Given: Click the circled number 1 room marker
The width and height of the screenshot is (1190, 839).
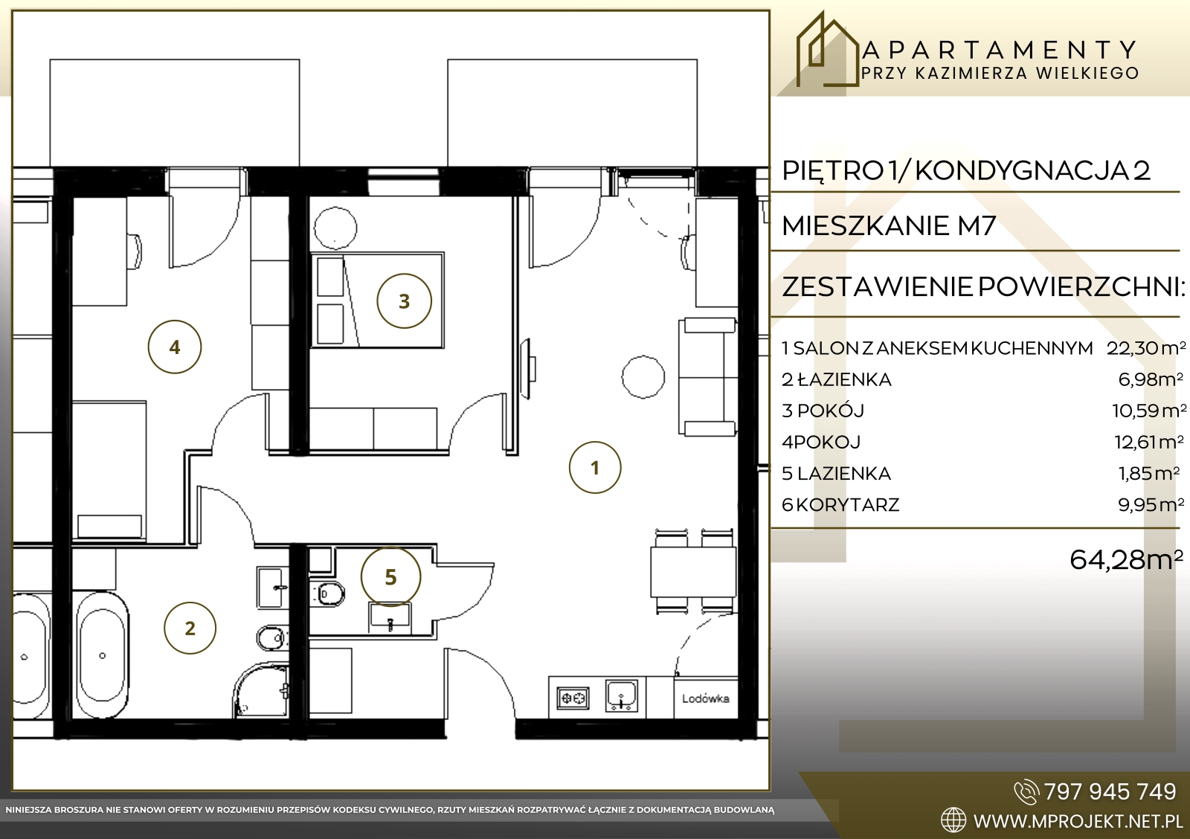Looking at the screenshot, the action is (594, 468).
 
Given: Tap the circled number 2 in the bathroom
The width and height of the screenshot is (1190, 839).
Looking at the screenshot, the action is (190, 628).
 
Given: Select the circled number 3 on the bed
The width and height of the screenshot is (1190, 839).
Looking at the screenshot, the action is (405, 300).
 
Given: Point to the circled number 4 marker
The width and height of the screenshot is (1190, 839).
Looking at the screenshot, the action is (174, 347).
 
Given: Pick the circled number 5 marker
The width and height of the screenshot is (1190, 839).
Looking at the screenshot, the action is (390, 577).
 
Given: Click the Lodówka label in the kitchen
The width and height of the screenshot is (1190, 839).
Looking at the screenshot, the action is (706, 698).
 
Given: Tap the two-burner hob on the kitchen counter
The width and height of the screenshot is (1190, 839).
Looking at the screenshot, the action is (573, 698).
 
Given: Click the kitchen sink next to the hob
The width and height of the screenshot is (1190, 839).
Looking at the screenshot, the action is (622, 695).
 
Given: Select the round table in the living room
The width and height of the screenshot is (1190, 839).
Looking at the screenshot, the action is (643, 376).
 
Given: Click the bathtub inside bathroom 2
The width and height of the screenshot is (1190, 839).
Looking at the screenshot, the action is (102, 655).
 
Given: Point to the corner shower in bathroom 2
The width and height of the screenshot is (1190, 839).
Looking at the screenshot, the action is (260, 690).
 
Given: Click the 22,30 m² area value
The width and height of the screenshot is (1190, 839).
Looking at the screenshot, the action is (1145, 349).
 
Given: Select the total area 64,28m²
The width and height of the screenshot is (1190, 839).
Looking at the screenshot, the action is (1126, 560).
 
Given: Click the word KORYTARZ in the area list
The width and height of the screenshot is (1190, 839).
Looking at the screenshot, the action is (848, 505).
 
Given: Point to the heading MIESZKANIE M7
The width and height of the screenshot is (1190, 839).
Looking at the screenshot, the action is (889, 226).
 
